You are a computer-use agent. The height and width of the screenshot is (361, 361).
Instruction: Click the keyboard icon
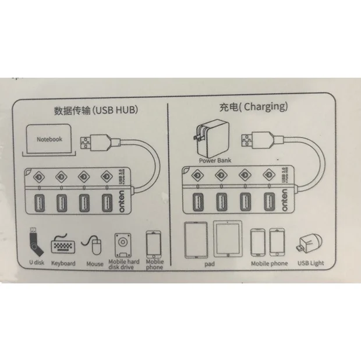(x=63, y=244)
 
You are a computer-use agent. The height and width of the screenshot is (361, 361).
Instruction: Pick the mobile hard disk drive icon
(x=122, y=245)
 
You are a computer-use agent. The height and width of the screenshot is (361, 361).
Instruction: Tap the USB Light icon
(x=310, y=244)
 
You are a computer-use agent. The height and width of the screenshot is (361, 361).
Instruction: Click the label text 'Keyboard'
(x=63, y=264)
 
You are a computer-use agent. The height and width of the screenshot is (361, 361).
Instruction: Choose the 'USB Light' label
(x=310, y=264)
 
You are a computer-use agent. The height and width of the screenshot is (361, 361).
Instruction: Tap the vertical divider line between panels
(x=168, y=186)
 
